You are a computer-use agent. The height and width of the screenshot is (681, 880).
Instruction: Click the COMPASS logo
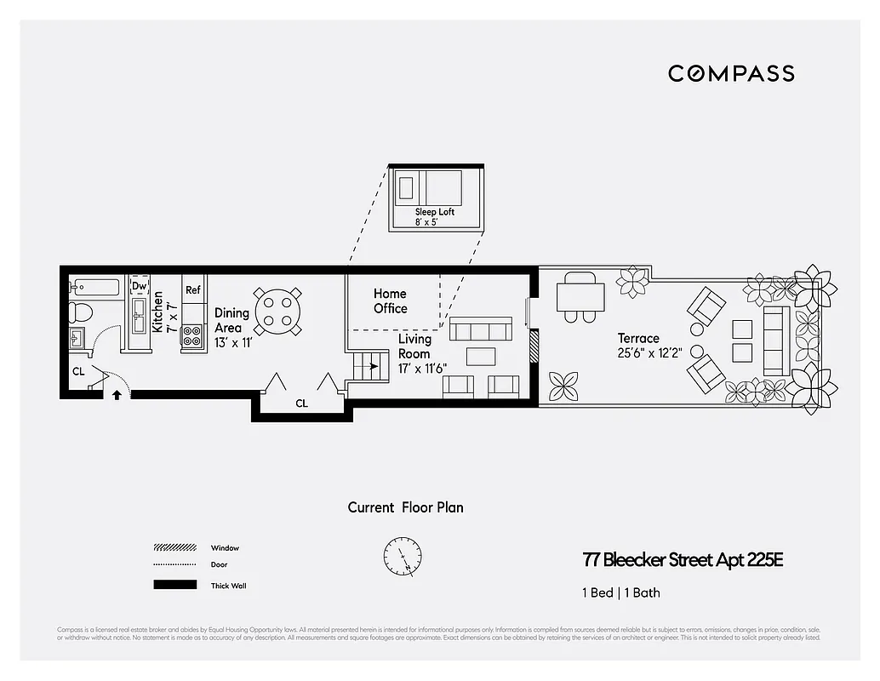[731, 73]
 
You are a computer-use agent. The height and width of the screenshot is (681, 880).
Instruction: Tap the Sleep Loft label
[434, 212]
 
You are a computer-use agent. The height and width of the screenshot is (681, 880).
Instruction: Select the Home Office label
[390, 301]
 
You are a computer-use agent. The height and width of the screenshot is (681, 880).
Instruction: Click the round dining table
[278, 311]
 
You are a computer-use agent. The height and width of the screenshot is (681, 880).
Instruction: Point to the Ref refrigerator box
[193, 290]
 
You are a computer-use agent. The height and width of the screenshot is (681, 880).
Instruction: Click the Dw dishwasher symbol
[139, 286]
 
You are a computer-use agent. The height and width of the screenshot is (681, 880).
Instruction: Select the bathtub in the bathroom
[95, 287]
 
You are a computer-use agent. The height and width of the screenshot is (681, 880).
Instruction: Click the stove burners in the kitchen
[192, 336]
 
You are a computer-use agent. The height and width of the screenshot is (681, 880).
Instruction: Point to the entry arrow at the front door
[117, 394]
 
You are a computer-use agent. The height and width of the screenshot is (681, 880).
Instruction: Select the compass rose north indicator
[402, 556]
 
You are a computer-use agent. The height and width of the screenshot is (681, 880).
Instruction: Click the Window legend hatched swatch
[174, 548]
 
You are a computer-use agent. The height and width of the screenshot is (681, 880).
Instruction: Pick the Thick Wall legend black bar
[174, 585]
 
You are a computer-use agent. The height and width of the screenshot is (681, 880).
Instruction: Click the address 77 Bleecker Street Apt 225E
[682, 560]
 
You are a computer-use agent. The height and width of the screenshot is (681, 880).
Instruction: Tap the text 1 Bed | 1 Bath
[621, 592]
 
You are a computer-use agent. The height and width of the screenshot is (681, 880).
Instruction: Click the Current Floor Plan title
[405, 507]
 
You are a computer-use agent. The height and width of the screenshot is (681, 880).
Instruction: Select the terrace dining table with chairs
[580, 298]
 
